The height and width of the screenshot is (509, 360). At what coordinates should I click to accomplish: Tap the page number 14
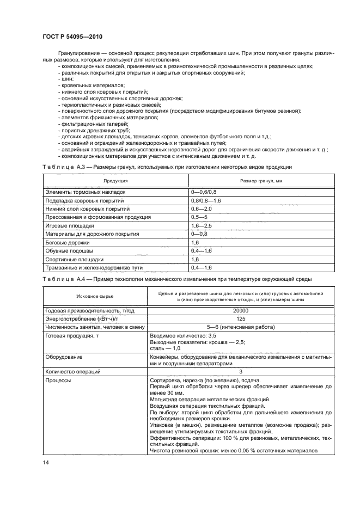point(45,462)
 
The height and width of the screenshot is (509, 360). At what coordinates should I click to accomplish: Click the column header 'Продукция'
point(115,180)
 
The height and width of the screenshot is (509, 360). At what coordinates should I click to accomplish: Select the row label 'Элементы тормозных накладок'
point(85,192)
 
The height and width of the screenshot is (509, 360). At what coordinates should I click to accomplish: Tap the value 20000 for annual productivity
point(240,310)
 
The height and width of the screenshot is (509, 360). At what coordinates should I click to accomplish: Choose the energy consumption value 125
point(240,318)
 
